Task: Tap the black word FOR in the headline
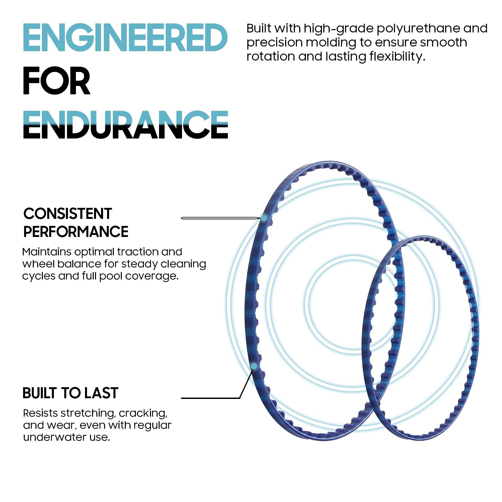57,81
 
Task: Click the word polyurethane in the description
418,29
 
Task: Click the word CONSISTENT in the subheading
68,214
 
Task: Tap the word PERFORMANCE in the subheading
76,232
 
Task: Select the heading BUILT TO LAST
70,393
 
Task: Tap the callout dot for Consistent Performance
264,218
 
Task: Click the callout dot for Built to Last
254,366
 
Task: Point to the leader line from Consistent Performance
221,218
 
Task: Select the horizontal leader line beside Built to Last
211,398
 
